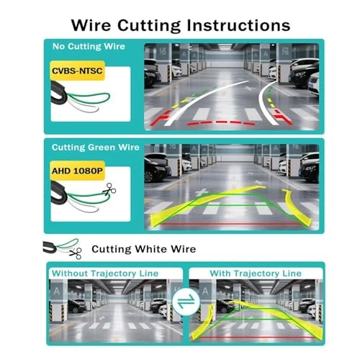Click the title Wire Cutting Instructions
tap(180, 24)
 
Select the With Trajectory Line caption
tap(256, 274)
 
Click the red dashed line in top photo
tap(216, 122)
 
